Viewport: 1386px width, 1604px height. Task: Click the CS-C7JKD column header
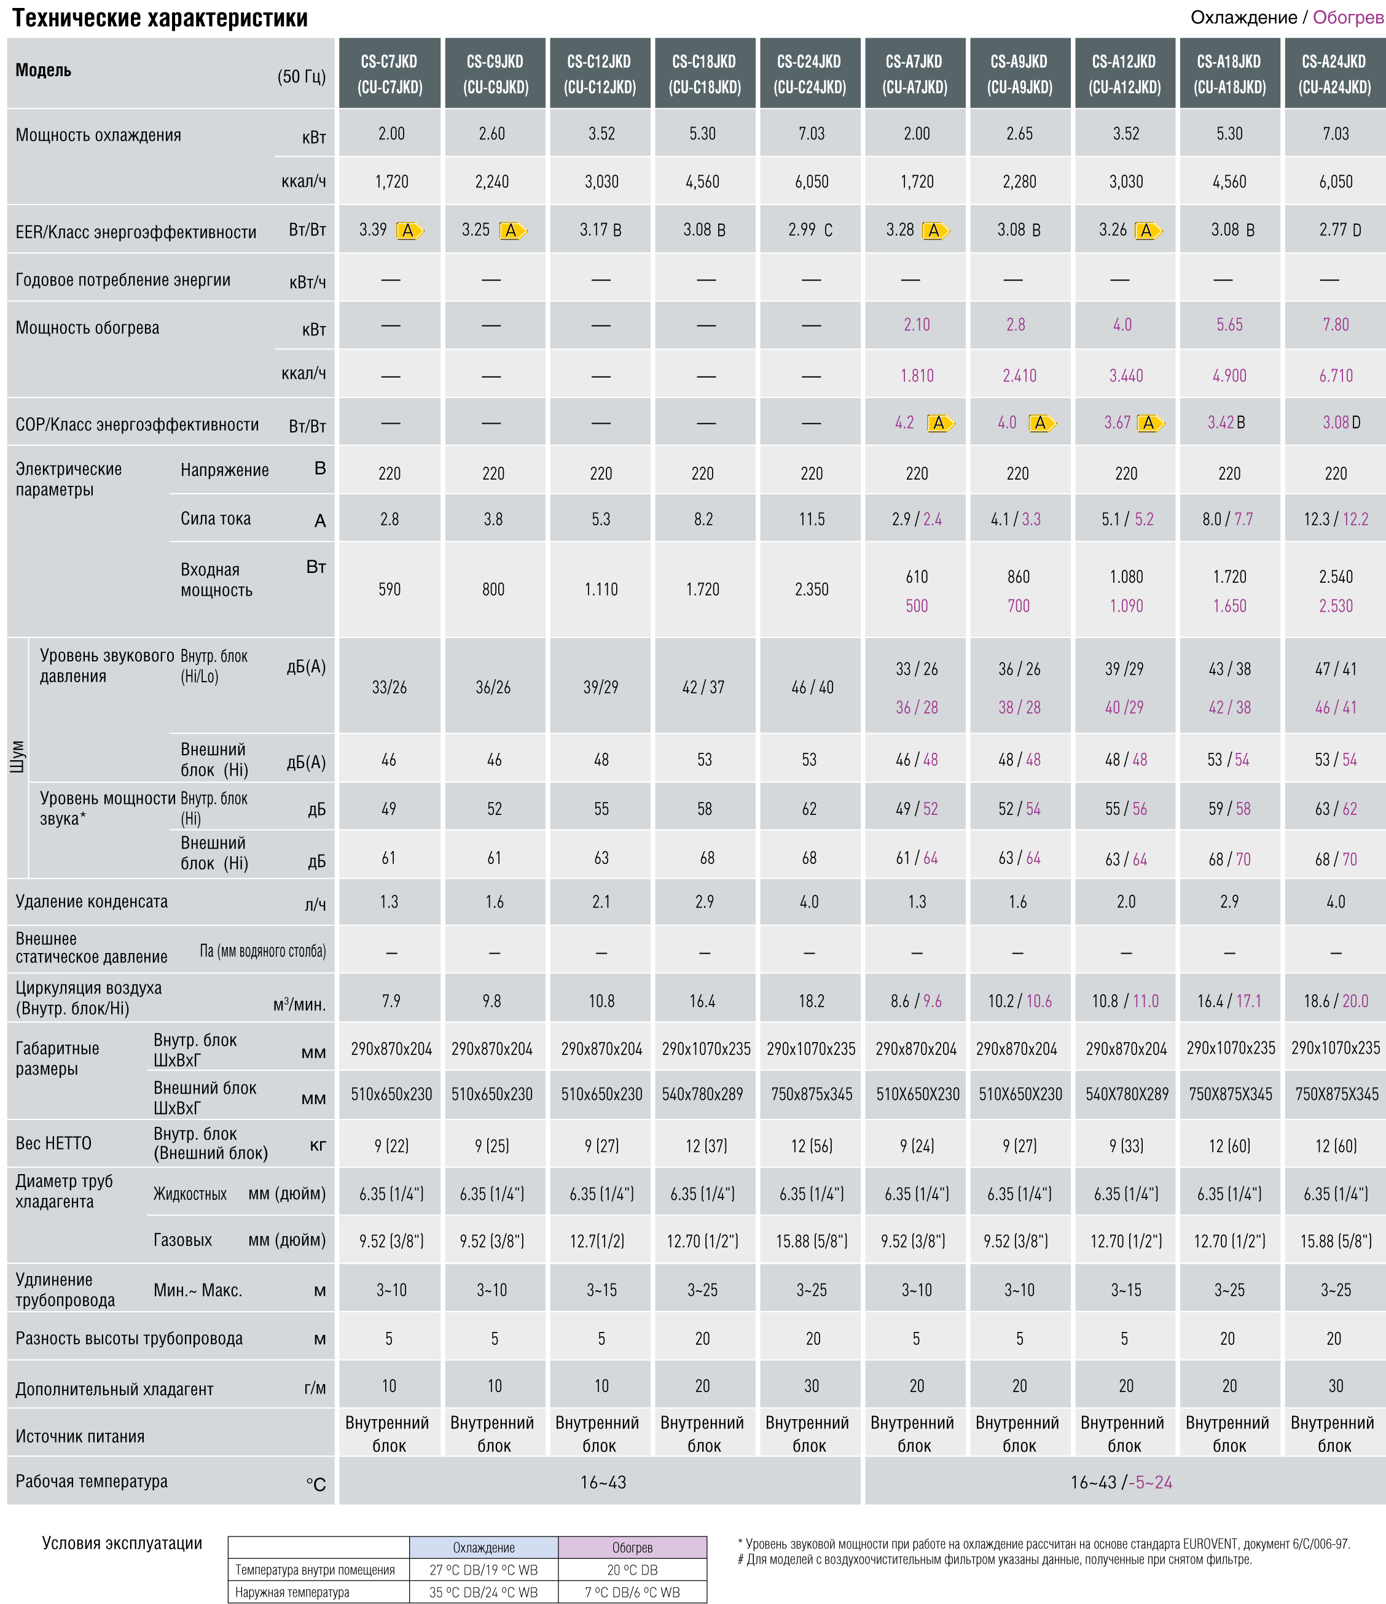click(x=390, y=74)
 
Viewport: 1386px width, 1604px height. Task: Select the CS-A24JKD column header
click(x=1335, y=74)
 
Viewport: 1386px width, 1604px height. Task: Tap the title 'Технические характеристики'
click(x=160, y=18)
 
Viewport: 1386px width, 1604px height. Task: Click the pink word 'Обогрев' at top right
click(x=1348, y=17)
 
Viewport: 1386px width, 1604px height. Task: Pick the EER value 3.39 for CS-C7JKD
click(x=373, y=229)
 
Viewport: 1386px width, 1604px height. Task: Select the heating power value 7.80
click(x=1336, y=324)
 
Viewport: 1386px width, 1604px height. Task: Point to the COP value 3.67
click(x=1118, y=422)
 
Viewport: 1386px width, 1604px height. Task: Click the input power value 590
click(x=390, y=589)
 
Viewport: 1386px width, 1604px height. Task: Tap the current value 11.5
click(x=812, y=519)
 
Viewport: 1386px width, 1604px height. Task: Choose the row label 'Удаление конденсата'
click(x=92, y=901)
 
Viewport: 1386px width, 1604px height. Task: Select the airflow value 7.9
click(x=391, y=1001)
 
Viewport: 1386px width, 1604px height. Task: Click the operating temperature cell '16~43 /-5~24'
click(x=1121, y=1482)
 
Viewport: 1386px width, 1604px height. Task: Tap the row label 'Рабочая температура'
click(x=92, y=1481)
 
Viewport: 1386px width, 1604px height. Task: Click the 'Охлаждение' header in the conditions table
click(x=484, y=1547)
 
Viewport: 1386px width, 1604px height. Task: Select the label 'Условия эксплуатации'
click(x=122, y=1543)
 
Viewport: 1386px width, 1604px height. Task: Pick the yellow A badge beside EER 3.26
click(x=1148, y=230)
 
